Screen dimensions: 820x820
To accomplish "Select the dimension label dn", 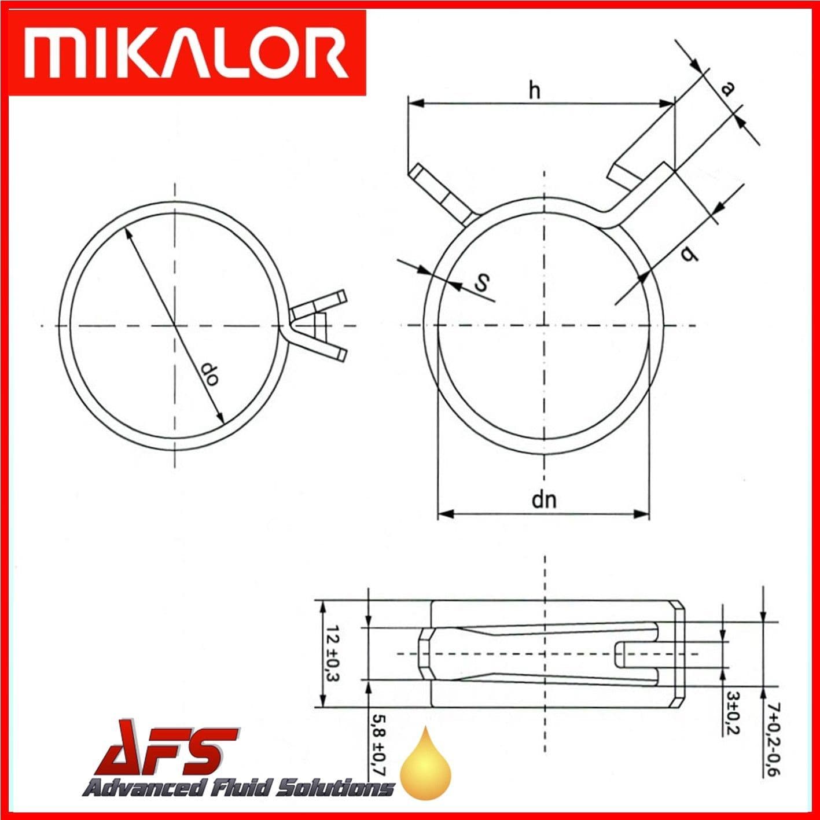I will (x=544, y=498).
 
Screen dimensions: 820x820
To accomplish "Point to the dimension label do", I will (x=209, y=375).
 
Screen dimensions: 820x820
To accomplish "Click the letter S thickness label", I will (x=482, y=283).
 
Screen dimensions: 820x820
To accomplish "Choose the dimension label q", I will (x=688, y=252).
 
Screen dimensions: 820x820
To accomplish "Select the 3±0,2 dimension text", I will (x=732, y=712).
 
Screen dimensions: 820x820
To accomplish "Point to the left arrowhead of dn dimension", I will (x=444, y=513).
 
